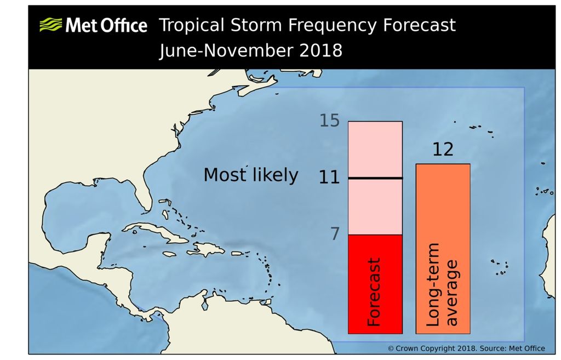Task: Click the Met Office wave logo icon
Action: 50,25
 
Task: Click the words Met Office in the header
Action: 106,25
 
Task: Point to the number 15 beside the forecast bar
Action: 329,121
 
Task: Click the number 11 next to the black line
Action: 330,178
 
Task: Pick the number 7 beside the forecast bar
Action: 334,234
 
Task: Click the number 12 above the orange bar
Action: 443,149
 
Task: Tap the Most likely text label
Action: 251,175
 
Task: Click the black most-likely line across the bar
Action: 375,178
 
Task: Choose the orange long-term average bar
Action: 443,219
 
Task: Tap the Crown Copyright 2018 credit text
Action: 466,348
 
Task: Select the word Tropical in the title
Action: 191,25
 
